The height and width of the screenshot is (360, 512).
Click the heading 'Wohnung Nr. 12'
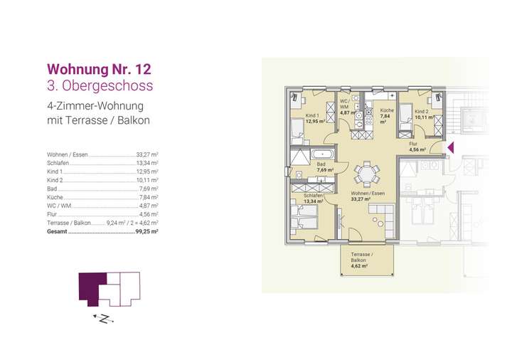[x=98, y=70]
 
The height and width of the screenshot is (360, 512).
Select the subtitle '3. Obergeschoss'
[x=99, y=86]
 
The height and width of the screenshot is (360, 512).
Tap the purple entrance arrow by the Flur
[x=449, y=147]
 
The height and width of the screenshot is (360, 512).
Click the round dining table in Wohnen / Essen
[x=365, y=173]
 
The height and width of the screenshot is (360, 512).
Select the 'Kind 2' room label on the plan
[x=422, y=112]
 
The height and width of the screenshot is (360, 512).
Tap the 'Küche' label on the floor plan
[x=387, y=111]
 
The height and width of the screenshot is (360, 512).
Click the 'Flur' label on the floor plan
[x=413, y=144]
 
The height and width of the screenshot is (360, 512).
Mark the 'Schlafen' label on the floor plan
[x=313, y=195]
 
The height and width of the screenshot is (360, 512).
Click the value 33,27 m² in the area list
[x=146, y=154]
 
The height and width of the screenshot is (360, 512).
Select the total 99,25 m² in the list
[x=146, y=231]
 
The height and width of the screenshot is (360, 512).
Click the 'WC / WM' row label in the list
[x=59, y=206]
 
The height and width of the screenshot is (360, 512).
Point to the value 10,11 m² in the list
[x=146, y=180]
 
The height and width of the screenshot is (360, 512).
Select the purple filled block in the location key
[x=91, y=287]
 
